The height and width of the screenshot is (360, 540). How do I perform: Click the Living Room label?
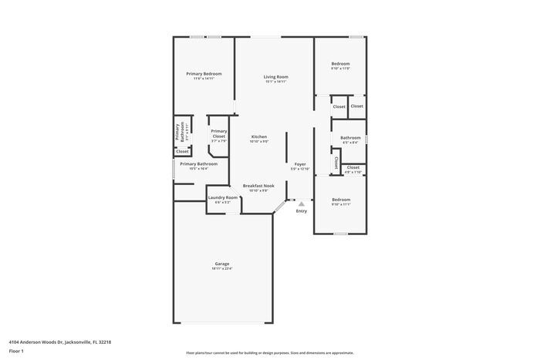tap(275, 76)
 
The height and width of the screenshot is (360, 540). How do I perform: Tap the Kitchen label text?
tap(258, 136)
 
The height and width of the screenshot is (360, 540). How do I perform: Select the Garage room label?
tap(221, 264)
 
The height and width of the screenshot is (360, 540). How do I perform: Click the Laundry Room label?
tap(222, 198)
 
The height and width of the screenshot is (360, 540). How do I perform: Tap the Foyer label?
tap(300, 164)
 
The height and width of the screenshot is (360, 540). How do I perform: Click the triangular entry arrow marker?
tap(302, 204)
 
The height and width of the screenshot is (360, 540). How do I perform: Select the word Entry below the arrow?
tap(302, 211)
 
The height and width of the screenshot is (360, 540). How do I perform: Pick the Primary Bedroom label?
tap(204, 73)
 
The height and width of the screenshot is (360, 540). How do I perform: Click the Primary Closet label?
tap(219, 133)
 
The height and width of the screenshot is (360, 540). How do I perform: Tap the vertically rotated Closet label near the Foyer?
tap(336, 163)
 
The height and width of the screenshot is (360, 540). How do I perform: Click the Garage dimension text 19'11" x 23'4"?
tap(221, 268)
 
